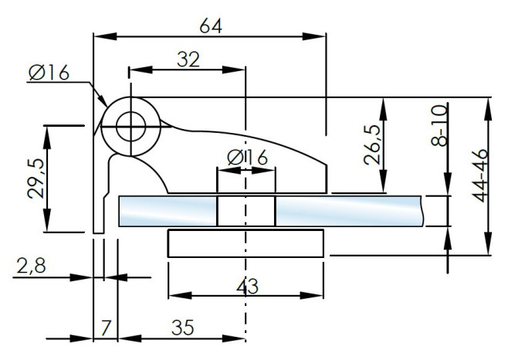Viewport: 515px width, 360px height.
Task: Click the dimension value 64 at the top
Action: click(x=211, y=25)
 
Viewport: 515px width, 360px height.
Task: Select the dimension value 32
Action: click(x=188, y=59)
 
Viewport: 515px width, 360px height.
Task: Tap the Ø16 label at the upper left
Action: click(x=49, y=73)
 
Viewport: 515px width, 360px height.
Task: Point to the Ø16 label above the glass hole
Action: click(x=247, y=158)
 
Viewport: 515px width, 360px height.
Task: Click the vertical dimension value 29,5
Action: click(x=36, y=178)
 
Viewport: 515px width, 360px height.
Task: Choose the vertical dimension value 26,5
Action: click(x=372, y=144)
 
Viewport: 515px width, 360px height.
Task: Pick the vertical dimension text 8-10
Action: click(x=439, y=125)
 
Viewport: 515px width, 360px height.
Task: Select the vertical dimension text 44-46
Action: click(x=479, y=175)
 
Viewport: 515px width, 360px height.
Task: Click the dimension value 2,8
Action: click(x=31, y=266)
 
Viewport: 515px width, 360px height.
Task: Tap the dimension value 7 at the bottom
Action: click(x=105, y=328)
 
